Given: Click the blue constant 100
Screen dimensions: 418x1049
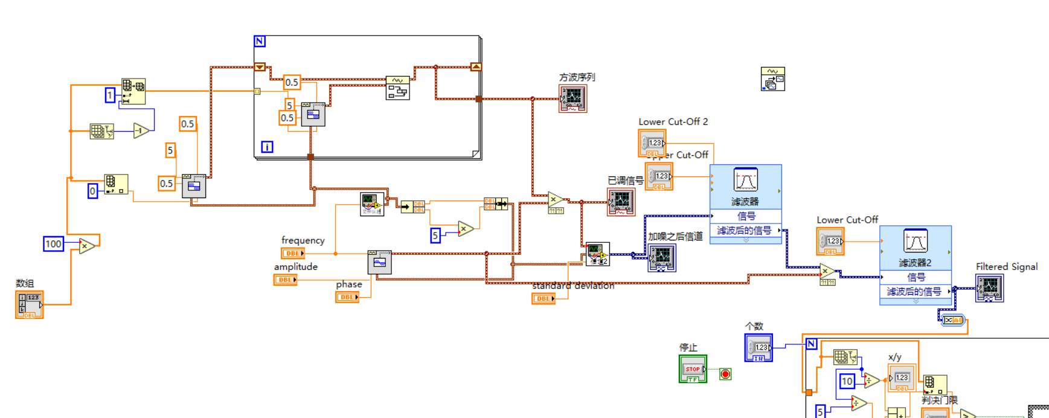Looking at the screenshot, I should click(53, 244).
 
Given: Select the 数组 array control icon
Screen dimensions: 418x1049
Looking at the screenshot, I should click(29, 304).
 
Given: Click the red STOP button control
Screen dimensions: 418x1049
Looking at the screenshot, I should click(693, 368).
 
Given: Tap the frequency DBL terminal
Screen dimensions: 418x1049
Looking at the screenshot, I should click(293, 254).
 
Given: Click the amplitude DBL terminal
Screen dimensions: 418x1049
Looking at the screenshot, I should click(285, 280).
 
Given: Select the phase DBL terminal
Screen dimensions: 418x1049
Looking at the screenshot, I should click(347, 297).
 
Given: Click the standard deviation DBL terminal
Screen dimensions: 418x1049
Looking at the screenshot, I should click(544, 298).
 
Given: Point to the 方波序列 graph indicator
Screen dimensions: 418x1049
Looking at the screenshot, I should click(573, 98).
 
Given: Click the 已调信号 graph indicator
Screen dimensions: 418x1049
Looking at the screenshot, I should click(621, 202).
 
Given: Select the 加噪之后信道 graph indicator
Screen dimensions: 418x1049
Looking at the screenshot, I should click(661, 258).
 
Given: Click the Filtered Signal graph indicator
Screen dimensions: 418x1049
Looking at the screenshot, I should click(989, 288).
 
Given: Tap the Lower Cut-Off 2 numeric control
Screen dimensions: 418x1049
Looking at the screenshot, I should click(652, 144).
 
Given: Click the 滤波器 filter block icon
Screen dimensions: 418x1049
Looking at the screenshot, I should click(745, 181).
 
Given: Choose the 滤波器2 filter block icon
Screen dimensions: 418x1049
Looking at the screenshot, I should click(915, 242).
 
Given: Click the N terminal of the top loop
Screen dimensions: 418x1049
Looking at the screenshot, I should click(260, 41).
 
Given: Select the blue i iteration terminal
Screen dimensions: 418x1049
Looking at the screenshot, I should click(267, 147).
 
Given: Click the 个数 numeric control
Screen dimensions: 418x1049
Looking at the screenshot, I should click(759, 348).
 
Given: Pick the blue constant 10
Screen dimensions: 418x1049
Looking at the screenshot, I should click(847, 381).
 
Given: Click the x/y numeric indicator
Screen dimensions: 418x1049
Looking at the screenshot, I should click(901, 378).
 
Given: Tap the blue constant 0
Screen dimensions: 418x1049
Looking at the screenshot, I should click(92, 191).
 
